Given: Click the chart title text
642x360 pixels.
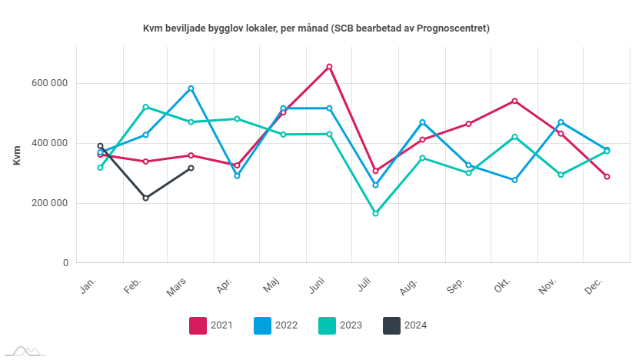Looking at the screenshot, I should [316, 28].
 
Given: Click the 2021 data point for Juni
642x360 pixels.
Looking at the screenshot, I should [329, 67].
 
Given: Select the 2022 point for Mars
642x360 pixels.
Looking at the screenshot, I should [191, 88].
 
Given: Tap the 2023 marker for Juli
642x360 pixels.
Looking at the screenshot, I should [375, 213].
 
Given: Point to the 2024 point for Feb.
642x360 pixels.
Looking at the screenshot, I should [145, 198].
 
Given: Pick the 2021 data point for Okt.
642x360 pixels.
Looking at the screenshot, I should [514, 101].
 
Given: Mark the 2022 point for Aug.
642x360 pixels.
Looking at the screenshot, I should [422, 122].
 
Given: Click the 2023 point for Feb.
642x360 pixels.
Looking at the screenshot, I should [145, 107].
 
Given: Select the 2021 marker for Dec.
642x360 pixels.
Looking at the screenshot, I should [607, 177].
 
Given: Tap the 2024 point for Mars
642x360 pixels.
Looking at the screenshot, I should [191, 168].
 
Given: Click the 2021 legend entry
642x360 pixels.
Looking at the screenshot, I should [211, 325].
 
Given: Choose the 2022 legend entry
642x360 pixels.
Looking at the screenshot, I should [274, 325].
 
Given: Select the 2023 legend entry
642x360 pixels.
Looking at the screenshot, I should [340, 325].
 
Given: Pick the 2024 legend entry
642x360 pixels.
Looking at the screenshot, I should [404, 325].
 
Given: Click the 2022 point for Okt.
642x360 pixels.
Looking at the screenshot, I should [514, 180].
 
